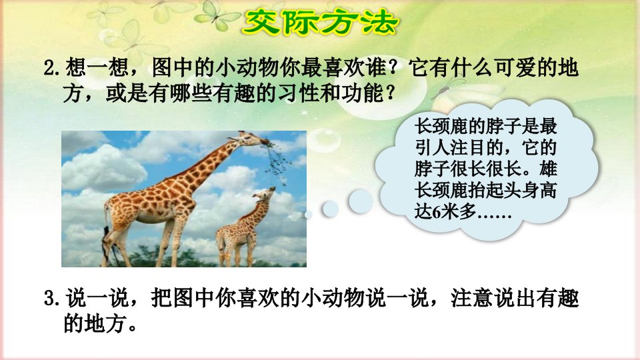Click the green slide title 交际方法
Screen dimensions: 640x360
point(320,22)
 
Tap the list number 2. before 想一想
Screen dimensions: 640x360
point(53,68)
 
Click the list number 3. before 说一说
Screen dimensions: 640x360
point(53,299)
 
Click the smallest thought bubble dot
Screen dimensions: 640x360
point(309,214)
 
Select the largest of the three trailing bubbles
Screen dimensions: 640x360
point(360,201)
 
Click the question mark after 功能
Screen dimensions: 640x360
point(390,93)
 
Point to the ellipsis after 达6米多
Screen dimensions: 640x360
point(494,216)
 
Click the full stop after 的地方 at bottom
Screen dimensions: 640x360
point(132,329)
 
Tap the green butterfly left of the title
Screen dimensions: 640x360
point(215,16)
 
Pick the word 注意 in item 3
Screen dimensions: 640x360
point(472,299)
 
